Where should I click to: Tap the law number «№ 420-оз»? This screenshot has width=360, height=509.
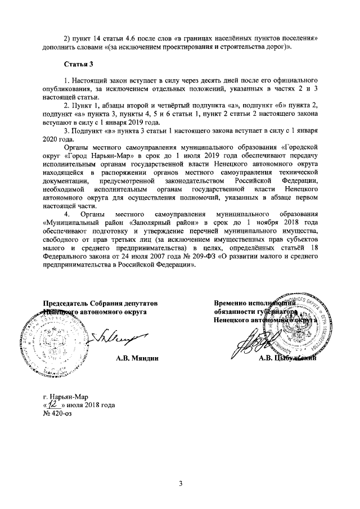[x=58, y=413]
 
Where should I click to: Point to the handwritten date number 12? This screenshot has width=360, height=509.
[x=53, y=404]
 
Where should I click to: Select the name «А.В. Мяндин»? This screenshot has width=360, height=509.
[x=134, y=358]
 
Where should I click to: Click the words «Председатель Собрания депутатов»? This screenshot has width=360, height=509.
[x=101, y=303]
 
